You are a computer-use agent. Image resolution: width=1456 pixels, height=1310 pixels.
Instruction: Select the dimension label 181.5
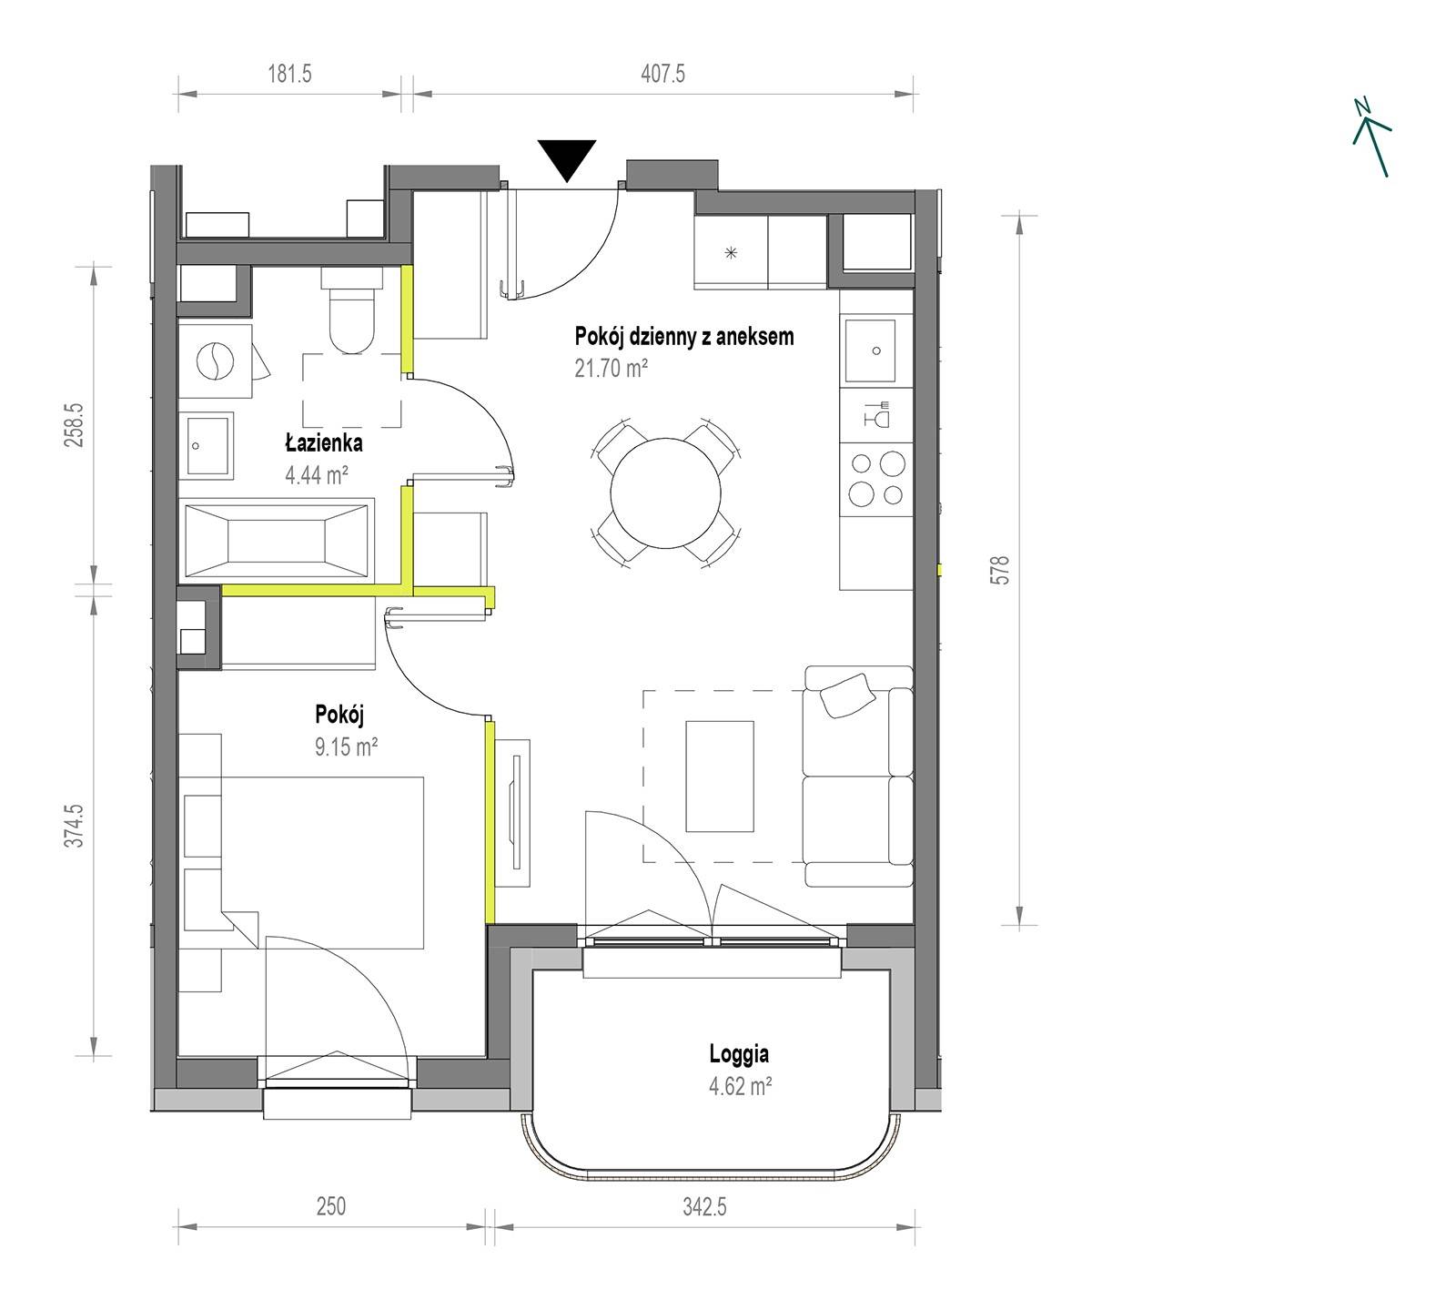coord(289,74)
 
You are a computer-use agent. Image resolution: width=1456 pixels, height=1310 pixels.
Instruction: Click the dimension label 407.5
coord(662,74)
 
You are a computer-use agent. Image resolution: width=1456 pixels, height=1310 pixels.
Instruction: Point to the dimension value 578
coord(1001,570)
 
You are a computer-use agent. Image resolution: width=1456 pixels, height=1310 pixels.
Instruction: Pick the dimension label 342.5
coord(704,1207)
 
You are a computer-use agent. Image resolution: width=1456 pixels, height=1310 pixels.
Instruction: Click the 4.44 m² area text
coord(318,474)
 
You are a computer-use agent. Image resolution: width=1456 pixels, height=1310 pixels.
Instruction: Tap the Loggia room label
coord(739,1054)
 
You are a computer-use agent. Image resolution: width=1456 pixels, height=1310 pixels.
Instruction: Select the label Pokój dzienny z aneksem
coord(684,336)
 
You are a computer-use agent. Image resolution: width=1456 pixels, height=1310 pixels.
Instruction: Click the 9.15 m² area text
coord(346,747)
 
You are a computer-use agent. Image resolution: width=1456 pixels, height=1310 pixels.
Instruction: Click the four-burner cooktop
coord(876,479)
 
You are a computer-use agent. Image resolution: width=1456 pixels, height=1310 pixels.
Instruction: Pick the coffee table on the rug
coord(720,776)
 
